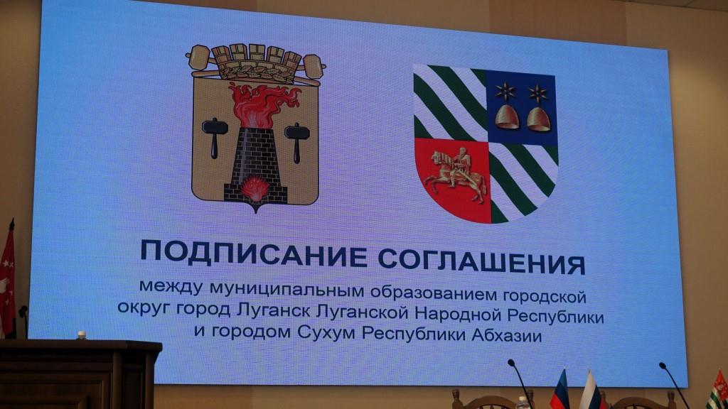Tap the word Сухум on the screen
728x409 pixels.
click(x=328, y=332)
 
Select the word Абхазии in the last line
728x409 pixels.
click(x=506, y=334)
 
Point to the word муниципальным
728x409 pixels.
click(x=287, y=290)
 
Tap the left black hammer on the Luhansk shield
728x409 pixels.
click(x=215, y=136)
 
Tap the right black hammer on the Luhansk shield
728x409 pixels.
click(x=297, y=142)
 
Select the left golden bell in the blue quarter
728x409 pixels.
click(x=507, y=116)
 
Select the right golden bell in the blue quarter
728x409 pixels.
click(x=539, y=119)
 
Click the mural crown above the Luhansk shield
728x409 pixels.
click(x=255, y=64)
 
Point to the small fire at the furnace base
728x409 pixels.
click(x=255, y=189)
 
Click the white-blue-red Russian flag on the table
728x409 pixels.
click(x=589, y=392)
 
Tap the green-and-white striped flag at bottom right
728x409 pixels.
click(x=717, y=391)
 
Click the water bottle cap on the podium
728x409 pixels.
click(x=82, y=334)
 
